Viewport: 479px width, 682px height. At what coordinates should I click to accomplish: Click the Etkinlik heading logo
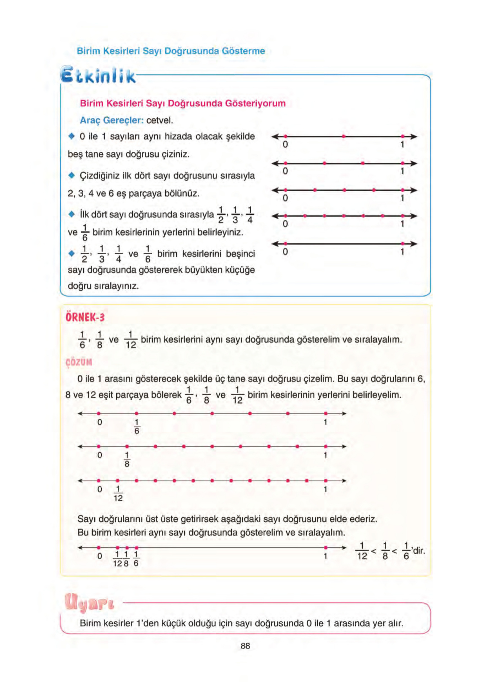pyautogui.click(x=98, y=75)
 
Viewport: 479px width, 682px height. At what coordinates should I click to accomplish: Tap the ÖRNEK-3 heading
pyautogui.click(x=85, y=317)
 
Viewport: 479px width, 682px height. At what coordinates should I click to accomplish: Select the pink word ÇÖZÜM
pyautogui.click(x=79, y=362)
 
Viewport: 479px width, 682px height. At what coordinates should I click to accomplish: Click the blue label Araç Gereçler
pyautogui.click(x=112, y=120)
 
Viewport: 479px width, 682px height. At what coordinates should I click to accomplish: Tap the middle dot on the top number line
pyautogui.click(x=344, y=136)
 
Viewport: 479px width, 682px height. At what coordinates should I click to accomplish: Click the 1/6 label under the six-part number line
pyautogui.click(x=137, y=427)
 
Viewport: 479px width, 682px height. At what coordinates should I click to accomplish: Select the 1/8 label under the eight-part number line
pyautogui.click(x=127, y=460)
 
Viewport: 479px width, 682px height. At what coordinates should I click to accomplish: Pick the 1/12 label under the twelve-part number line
pyautogui.click(x=118, y=494)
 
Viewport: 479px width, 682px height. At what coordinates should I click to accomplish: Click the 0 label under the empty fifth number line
pyautogui.click(x=285, y=252)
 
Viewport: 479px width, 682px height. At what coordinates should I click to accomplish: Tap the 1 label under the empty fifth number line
pyautogui.click(x=402, y=252)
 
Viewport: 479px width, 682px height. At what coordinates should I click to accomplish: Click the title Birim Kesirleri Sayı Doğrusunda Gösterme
pyautogui.click(x=171, y=51)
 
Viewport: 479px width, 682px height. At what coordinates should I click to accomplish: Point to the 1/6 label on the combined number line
pyautogui.click(x=136, y=559)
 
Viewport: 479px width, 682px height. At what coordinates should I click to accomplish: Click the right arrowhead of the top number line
pyautogui.click(x=414, y=137)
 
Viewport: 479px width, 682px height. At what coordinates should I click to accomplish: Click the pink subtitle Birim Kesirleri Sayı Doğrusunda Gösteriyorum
pyautogui.click(x=182, y=103)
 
